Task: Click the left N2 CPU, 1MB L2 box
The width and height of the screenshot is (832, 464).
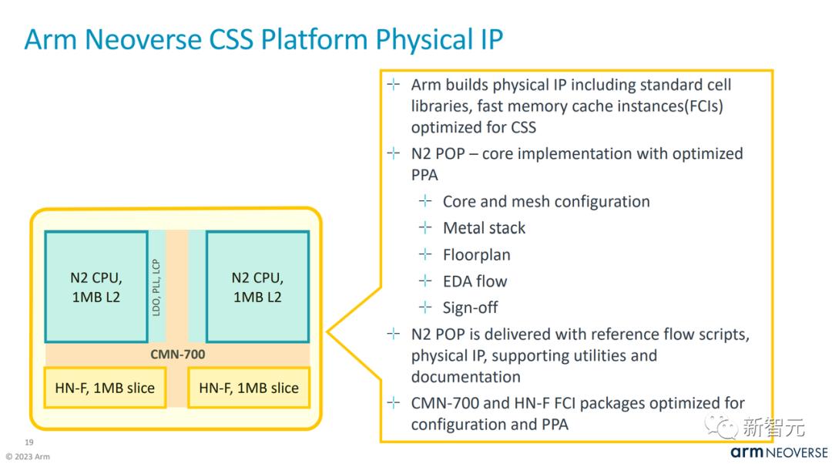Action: click(96, 286)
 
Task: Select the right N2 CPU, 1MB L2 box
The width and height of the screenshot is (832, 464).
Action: click(257, 286)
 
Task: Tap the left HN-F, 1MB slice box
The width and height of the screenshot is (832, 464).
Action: click(105, 388)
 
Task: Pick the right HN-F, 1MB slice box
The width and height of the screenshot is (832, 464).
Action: click(248, 388)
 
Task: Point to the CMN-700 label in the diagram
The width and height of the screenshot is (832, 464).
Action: click(177, 355)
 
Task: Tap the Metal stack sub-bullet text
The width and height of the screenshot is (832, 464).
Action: click(484, 228)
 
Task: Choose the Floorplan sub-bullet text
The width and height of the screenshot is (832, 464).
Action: click(476, 254)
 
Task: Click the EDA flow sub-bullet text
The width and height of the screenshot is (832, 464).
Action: click(475, 281)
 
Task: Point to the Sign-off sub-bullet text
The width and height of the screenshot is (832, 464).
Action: click(470, 308)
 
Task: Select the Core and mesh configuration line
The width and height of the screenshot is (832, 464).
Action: click(545, 202)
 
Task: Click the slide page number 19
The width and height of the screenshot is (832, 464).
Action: click(29, 442)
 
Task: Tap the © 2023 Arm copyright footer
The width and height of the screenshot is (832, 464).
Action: click(28, 456)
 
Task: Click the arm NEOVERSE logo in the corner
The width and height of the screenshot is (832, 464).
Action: click(779, 452)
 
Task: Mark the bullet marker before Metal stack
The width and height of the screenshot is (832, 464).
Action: click(425, 228)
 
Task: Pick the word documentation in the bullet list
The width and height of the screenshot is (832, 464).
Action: click(465, 377)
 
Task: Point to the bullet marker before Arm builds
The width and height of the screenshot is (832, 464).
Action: click(394, 84)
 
